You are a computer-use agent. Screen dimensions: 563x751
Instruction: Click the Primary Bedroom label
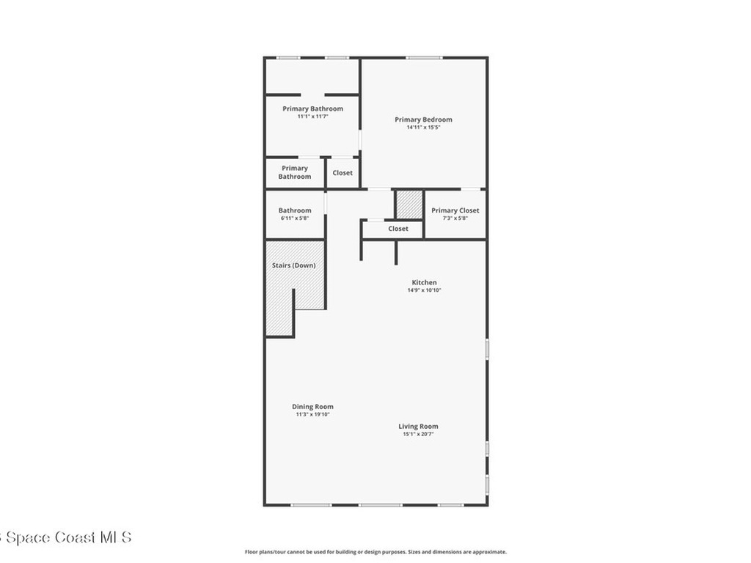[423, 119]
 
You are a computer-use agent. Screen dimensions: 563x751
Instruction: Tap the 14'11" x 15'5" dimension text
[423, 128]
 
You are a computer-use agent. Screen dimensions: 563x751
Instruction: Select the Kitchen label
[424, 282]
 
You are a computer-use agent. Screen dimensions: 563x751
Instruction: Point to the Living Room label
[418, 426]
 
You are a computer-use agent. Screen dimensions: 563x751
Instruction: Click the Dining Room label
[312, 406]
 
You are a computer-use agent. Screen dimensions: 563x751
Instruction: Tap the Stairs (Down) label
[293, 265]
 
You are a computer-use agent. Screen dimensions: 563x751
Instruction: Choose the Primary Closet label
[455, 210]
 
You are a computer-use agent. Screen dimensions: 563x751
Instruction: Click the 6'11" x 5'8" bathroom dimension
[294, 218]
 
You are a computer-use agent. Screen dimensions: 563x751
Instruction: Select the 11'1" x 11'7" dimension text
[312, 117]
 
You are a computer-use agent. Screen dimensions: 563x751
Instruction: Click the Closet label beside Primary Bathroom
[342, 173]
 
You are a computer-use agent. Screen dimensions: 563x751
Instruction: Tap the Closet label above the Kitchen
[398, 229]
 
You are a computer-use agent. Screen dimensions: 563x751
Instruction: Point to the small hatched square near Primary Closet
[409, 205]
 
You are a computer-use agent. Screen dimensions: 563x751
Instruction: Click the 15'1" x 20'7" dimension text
[418, 434]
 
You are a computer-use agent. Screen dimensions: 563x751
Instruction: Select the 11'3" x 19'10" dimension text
[312, 414]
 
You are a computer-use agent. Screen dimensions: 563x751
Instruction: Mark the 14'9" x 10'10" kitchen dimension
[424, 290]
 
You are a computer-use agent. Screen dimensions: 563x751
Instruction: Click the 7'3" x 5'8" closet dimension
[455, 218]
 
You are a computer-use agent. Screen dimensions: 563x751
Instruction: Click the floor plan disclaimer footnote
[375, 552]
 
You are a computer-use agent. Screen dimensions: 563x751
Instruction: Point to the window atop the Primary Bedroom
[424, 58]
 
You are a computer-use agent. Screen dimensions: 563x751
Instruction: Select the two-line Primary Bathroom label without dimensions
[294, 172]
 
